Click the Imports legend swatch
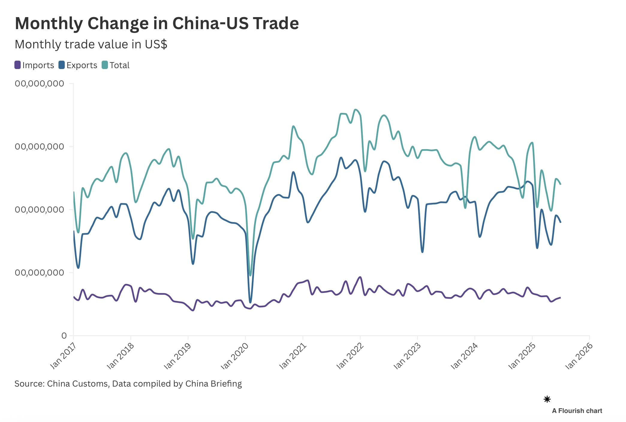[18, 65]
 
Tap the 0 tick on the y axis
[64, 336]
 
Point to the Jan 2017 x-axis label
[63, 355]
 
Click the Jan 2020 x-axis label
[234, 356]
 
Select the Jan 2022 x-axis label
[350, 356]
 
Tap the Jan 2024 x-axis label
[464, 356]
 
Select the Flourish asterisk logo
[547, 399]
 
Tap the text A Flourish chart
[577, 411]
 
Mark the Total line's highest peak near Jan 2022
[356, 110]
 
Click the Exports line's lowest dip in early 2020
[250, 302]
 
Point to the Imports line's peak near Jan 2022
[360, 277]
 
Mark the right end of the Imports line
[560, 297]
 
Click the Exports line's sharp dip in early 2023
[422, 252]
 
